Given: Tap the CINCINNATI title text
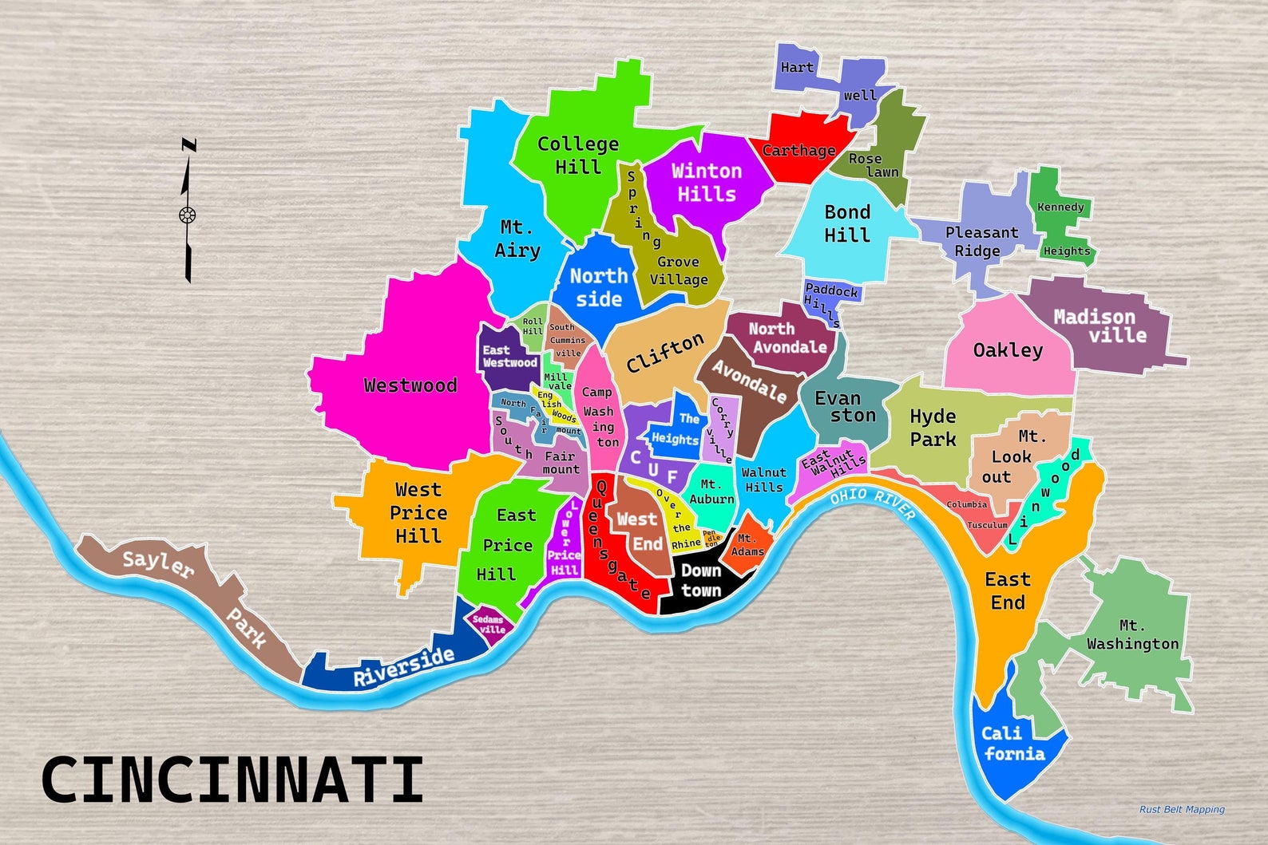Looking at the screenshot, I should pyautogui.click(x=232, y=780).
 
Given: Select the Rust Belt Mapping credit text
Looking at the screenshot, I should pyautogui.click(x=1181, y=809).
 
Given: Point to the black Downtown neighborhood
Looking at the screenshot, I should pyautogui.click(x=700, y=582).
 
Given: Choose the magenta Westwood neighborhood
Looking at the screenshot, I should pyautogui.click(x=410, y=385).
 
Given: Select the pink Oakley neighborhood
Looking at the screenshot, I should pyautogui.click(x=1008, y=350).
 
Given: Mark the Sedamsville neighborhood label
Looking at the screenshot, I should pyautogui.click(x=489, y=624).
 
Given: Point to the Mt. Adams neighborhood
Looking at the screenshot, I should pyautogui.click(x=747, y=546).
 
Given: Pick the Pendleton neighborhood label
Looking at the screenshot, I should pyautogui.click(x=711, y=539).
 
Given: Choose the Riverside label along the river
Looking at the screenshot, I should pyautogui.click(x=404, y=666).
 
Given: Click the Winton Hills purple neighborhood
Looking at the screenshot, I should pyautogui.click(x=706, y=182).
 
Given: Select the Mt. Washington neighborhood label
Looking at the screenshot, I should pyautogui.click(x=1132, y=635).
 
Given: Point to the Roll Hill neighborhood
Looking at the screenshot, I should pyautogui.click(x=533, y=326).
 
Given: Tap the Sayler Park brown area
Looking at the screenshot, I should pyautogui.click(x=192, y=590).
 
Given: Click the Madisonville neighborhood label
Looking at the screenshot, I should pyautogui.click(x=1100, y=326).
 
